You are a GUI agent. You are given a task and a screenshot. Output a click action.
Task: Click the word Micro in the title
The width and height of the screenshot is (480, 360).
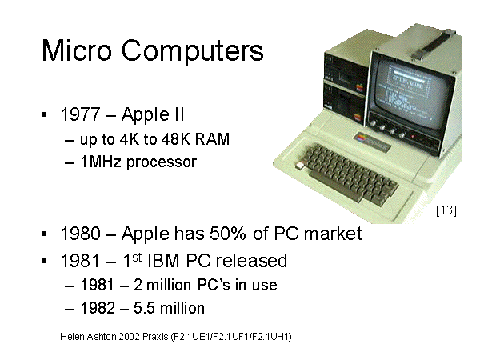[x=77, y=50]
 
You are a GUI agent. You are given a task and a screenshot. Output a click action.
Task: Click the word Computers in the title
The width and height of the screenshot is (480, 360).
[x=192, y=51]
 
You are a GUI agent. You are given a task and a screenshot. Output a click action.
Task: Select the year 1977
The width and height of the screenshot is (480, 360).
[x=81, y=114]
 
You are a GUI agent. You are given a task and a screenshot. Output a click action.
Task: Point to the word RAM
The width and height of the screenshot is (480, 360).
[x=212, y=139]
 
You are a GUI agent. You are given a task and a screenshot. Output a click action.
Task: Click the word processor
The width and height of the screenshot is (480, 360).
[x=162, y=162]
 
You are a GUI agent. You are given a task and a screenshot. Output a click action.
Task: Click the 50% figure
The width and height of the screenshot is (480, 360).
[x=228, y=234]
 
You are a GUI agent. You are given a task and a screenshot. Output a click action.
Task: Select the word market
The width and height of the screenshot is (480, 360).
[x=333, y=234]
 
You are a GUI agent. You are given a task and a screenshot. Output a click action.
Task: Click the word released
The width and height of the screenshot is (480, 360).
[x=251, y=261]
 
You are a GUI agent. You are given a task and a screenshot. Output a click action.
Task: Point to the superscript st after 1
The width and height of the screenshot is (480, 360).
[x=137, y=258]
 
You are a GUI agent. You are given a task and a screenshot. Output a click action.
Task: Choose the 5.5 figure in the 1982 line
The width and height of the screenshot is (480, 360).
[x=144, y=308]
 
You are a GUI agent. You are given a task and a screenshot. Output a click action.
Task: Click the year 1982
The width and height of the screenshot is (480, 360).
[x=98, y=308]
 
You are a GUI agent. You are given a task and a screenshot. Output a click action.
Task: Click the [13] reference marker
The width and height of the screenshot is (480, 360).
[x=446, y=210]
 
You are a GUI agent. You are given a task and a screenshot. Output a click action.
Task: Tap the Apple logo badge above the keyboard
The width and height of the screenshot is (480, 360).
[x=372, y=141]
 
